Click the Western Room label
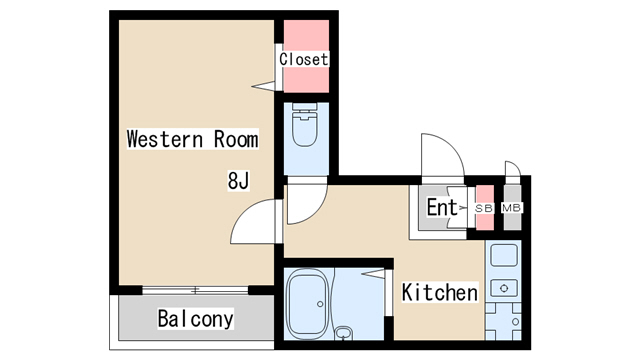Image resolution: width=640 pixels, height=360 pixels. click(192, 139)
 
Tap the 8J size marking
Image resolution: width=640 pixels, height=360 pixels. click(238, 181)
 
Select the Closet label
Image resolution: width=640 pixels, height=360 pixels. click(303, 59)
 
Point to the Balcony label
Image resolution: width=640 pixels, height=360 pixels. click(196, 318)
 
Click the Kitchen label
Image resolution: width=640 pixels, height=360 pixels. click(440, 292)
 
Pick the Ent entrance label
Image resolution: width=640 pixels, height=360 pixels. click(442, 207)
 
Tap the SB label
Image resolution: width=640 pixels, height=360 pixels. click(484, 208)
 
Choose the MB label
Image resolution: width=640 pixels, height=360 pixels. click(511, 208)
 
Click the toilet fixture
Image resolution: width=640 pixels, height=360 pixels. click(304, 124)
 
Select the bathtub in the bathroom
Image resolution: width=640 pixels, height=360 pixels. click(308, 304)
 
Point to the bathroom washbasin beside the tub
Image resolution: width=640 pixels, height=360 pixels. click(344, 333)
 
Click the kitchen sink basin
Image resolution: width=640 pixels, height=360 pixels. click(504, 255)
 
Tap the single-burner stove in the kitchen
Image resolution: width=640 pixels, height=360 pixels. click(504, 288)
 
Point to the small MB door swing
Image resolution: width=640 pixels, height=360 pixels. click(515, 164)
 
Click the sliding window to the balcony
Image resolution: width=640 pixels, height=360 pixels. click(195, 291)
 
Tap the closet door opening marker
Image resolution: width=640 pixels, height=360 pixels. click(264, 86)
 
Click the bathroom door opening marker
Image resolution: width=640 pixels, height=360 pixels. click(373, 273)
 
